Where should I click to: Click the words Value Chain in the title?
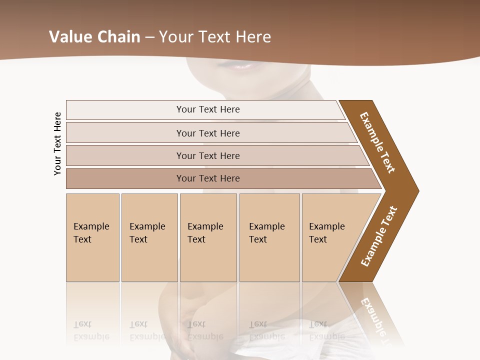pyautogui.click(x=94, y=37)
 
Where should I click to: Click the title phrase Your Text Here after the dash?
pyautogui.click(x=215, y=37)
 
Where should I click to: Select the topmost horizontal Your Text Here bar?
pyautogui.click(x=208, y=109)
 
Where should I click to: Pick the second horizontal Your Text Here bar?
pyautogui.click(x=208, y=133)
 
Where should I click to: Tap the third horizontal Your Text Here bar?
pyautogui.click(x=208, y=155)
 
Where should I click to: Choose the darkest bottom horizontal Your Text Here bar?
pyautogui.click(x=208, y=178)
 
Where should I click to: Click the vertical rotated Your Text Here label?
pyautogui.click(x=57, y=143)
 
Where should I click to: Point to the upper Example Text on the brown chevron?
pyautogui.click(x=377, y=142)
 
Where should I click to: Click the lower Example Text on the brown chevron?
pyautogui.click(x=379, y=236)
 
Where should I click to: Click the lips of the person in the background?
pyautogui.click(x=242, y=65)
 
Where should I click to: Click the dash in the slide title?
pyautogui.click(x=149, y=37)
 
